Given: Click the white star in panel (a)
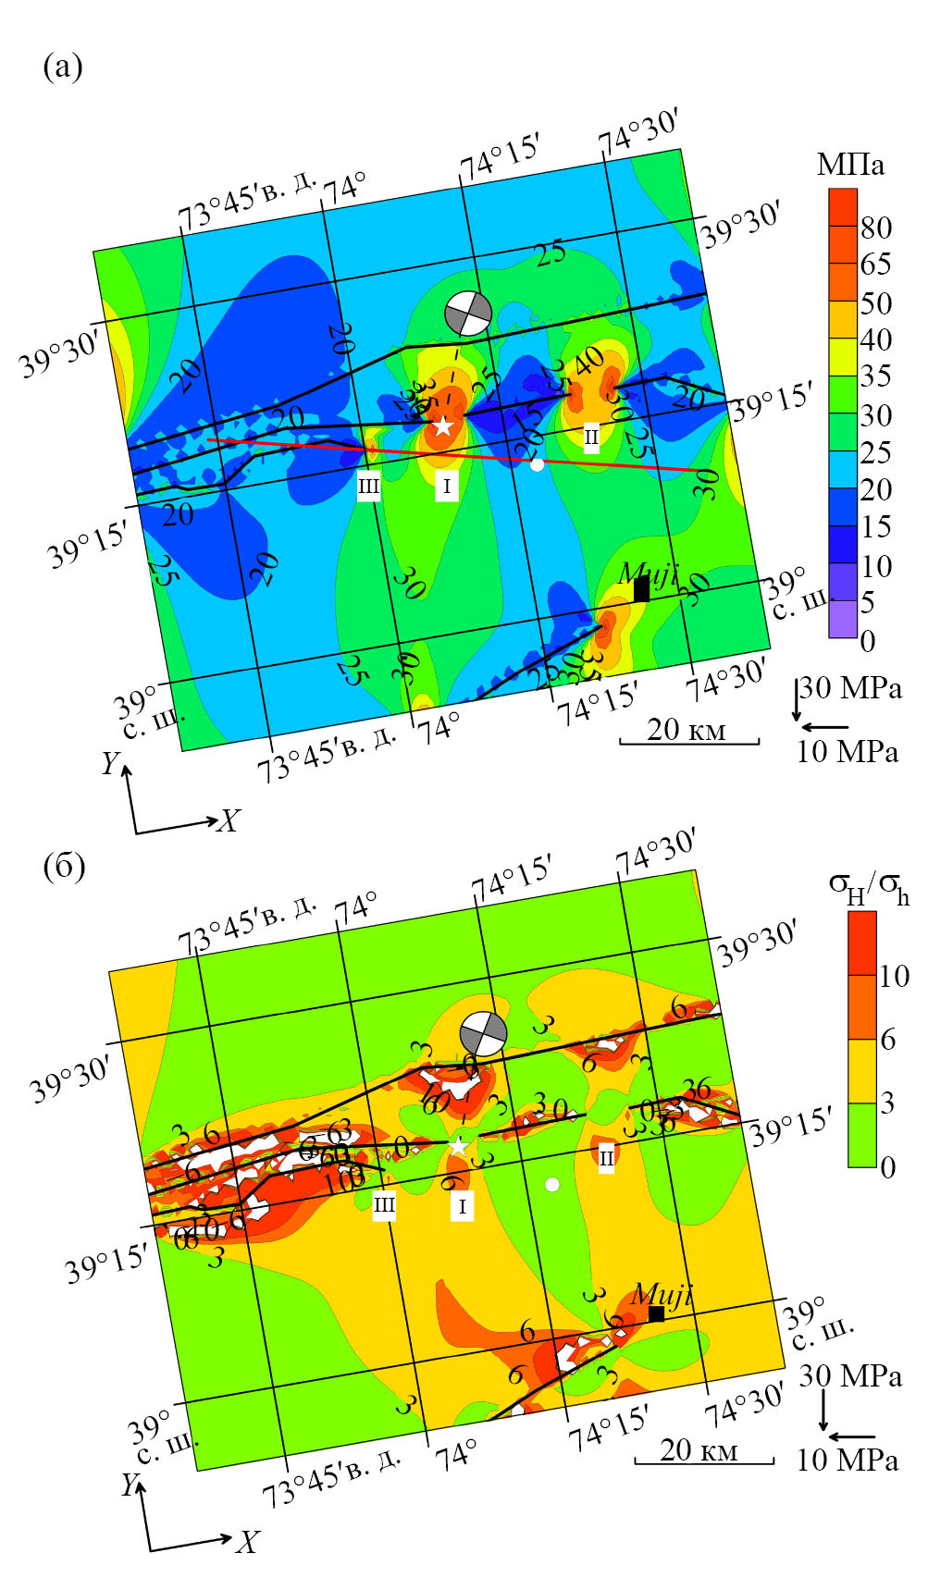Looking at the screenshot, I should tap(443, 425).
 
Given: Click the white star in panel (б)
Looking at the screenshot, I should tap(458, 1146).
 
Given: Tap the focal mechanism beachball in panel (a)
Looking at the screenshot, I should tap(467, 313).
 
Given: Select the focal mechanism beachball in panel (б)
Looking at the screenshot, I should tap(484, 1032).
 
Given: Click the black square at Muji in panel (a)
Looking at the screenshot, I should tap(641, 589).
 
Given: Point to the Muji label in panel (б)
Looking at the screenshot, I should tap(661, 1294).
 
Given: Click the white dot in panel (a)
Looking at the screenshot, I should tap(538, 464).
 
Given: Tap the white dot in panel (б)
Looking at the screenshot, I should tap(552, 1184).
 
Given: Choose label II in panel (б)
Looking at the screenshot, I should tap(606, 1157).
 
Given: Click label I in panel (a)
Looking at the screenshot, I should tap(447, 486).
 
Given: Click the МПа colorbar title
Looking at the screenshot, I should tap(850, 165).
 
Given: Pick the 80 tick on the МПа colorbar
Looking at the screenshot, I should tap(876, 228).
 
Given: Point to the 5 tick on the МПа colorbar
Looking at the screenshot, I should tap(868, 603).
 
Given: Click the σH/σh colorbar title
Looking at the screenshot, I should tap(868, 889).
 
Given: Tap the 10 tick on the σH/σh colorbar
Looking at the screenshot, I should tap(894, 976).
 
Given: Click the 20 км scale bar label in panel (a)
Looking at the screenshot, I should tap(687, 729).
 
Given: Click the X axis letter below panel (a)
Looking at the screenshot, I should tap(229, 820).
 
